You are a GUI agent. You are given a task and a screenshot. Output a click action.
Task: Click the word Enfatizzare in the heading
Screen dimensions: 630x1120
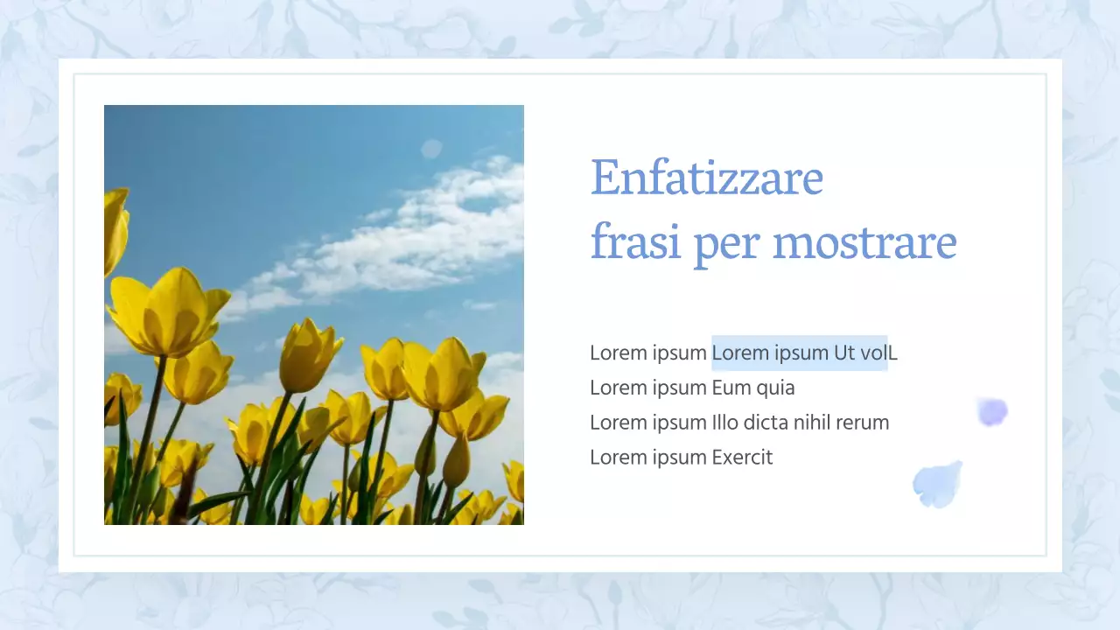pos(707,178)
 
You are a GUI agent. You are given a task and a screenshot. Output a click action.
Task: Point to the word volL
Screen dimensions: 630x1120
pos(878,353)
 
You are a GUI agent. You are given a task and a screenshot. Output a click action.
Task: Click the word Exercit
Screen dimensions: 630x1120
pos(742,458)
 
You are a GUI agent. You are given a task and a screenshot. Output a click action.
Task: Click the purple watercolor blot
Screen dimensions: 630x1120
pos(992,411)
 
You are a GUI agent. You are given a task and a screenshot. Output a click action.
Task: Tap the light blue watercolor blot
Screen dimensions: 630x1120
pos(937,485)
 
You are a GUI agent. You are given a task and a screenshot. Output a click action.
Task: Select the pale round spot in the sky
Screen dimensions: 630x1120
pos(431,149)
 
